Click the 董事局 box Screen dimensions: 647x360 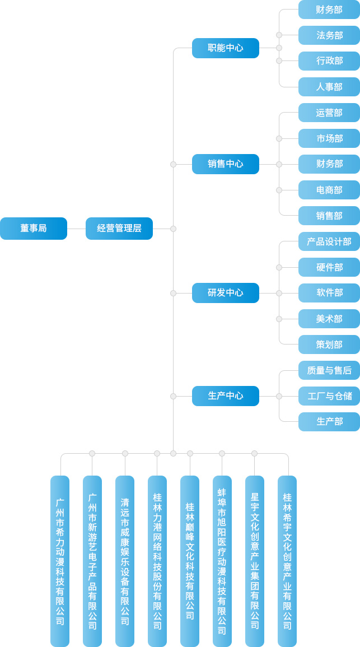(34, 229)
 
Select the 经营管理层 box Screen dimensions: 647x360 (119, 229)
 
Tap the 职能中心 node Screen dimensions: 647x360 (226, 48)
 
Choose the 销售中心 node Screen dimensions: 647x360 (226, 164)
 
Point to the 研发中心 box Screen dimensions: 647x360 (226, 293)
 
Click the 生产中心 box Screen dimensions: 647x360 (226, 396)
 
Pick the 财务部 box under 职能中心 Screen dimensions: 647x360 (329, 10)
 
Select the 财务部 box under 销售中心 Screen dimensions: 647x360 (329, 164)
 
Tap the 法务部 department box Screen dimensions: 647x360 (329, 35)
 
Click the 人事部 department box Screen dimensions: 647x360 (329, 87)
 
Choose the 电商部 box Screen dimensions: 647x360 (329, 190)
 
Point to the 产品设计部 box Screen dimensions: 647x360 (329, 241)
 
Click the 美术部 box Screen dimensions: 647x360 (329, 319)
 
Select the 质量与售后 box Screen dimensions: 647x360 (329, 370)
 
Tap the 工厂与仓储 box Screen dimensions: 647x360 (329, 396)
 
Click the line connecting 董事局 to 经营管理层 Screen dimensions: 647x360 (76, 229)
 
